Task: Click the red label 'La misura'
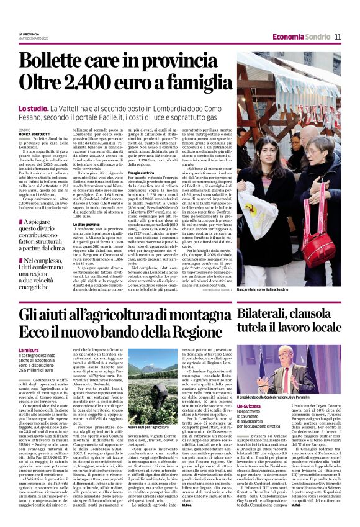coord(29,351)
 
